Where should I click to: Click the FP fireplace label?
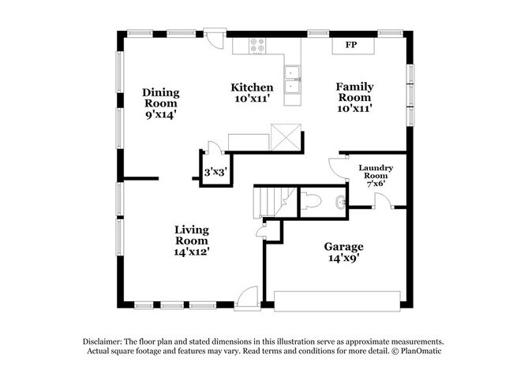[351, 45]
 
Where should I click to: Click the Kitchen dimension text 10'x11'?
[252, 100]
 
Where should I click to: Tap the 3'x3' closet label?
[215, 171]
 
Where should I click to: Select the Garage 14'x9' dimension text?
[343, 257]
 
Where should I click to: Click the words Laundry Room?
[376, 173]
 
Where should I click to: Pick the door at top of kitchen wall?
[214, 39]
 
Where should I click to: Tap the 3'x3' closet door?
[211, 151]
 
